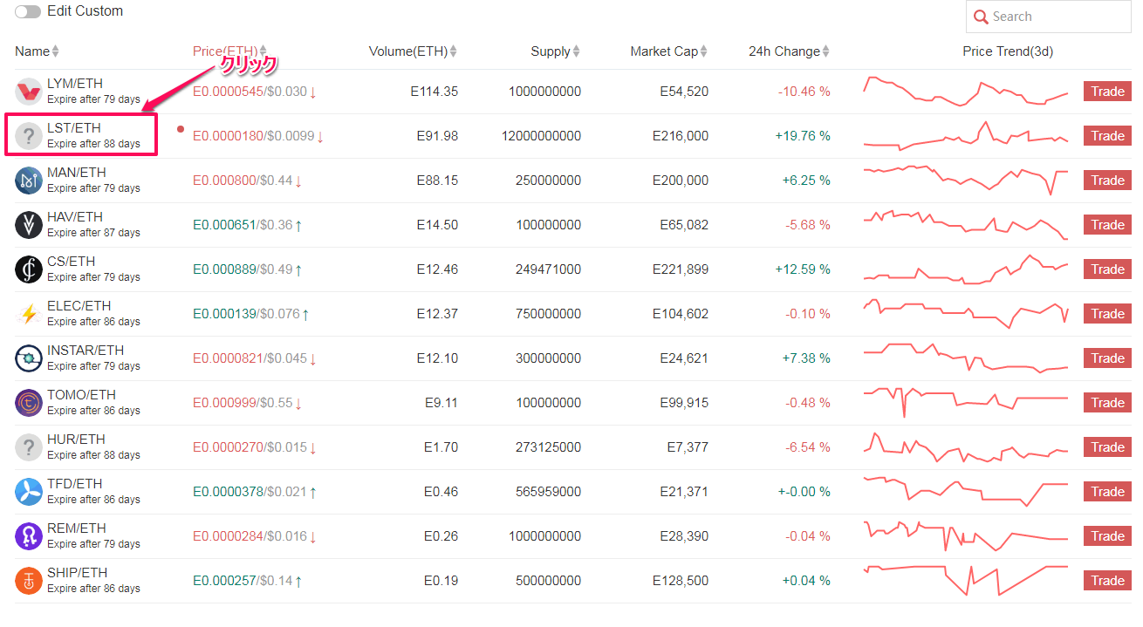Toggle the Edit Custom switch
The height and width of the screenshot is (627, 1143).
pos(28,12)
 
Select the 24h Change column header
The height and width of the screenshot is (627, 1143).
pos(784,51)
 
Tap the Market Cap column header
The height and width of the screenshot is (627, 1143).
pos(664,51)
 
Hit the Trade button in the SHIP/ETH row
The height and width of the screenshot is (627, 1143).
pos(1107,581)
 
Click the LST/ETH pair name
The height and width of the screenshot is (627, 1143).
pos(74,128)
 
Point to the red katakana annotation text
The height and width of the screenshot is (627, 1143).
pos(249,64)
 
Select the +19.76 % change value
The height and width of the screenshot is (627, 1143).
pos(803,136)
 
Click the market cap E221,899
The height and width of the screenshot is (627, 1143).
pos(680,269)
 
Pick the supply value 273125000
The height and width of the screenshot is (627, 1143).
pos(542,447)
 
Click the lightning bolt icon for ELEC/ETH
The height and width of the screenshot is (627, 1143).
pos(29,314)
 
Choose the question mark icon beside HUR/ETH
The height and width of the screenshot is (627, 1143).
pos(29,447)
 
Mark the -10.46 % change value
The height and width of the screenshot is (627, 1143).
pos(804,92)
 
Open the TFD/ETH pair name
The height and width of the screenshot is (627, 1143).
pos(74,484)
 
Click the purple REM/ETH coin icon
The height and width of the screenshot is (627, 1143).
pos(29,536)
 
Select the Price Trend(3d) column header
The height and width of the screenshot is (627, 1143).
pos(1008,51)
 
